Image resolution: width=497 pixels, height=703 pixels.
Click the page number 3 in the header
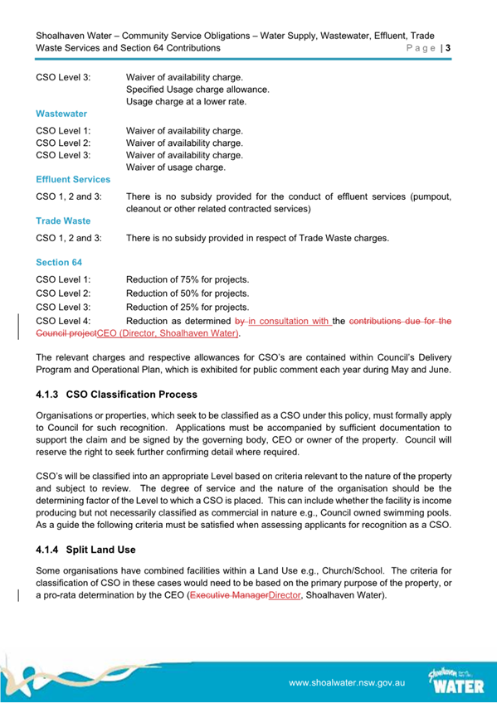(448, 49)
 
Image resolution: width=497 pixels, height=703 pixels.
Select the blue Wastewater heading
(61, 113)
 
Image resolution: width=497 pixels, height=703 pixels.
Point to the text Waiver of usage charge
(175, 168)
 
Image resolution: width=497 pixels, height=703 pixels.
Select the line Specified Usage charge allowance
(197, 89)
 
